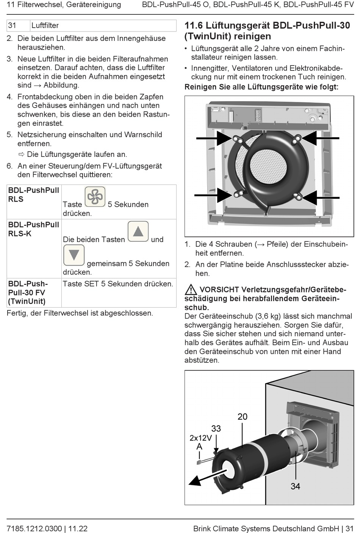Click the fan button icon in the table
click(x=95, y=197)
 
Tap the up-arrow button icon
click(x=138, y=231)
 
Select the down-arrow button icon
click(x=74, y=255)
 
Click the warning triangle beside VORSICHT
click(x=191, y=290)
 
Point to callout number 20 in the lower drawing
click(x=243, y=417)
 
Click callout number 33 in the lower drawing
click(x=216, y=428)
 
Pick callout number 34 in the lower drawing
click(x=295, y=486)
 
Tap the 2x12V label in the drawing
click(x=200, y=438)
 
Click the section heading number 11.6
click(x=194, y=26)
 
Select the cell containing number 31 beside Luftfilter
click(x=18, y=26)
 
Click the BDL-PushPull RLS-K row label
click(x=33, y=229)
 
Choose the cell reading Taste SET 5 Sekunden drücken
click(x=118, y=284)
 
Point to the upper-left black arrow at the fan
click(x=213, y=138)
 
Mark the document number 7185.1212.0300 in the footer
click(x=34, y=528)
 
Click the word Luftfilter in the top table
click(x=45, y=26)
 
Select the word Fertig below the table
click(x=17, y=313)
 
